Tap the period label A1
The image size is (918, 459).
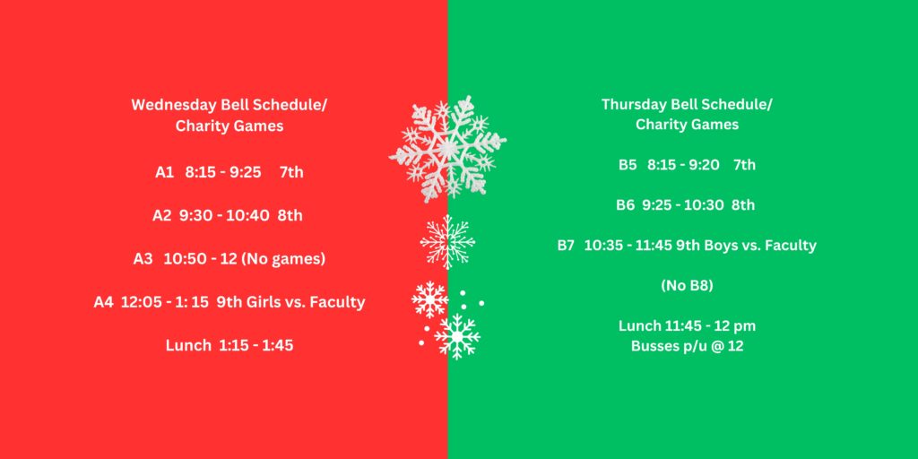165,173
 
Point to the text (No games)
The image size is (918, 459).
282,259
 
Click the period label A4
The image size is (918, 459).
104,302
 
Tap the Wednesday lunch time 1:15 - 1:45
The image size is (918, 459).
255,345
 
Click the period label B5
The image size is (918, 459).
628,165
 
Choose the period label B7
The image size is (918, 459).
567,246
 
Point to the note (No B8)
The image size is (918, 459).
687,286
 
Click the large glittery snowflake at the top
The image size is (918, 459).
447,149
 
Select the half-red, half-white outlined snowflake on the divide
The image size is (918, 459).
448,242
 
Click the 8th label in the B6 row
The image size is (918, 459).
743,205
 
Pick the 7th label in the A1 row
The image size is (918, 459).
291,173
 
